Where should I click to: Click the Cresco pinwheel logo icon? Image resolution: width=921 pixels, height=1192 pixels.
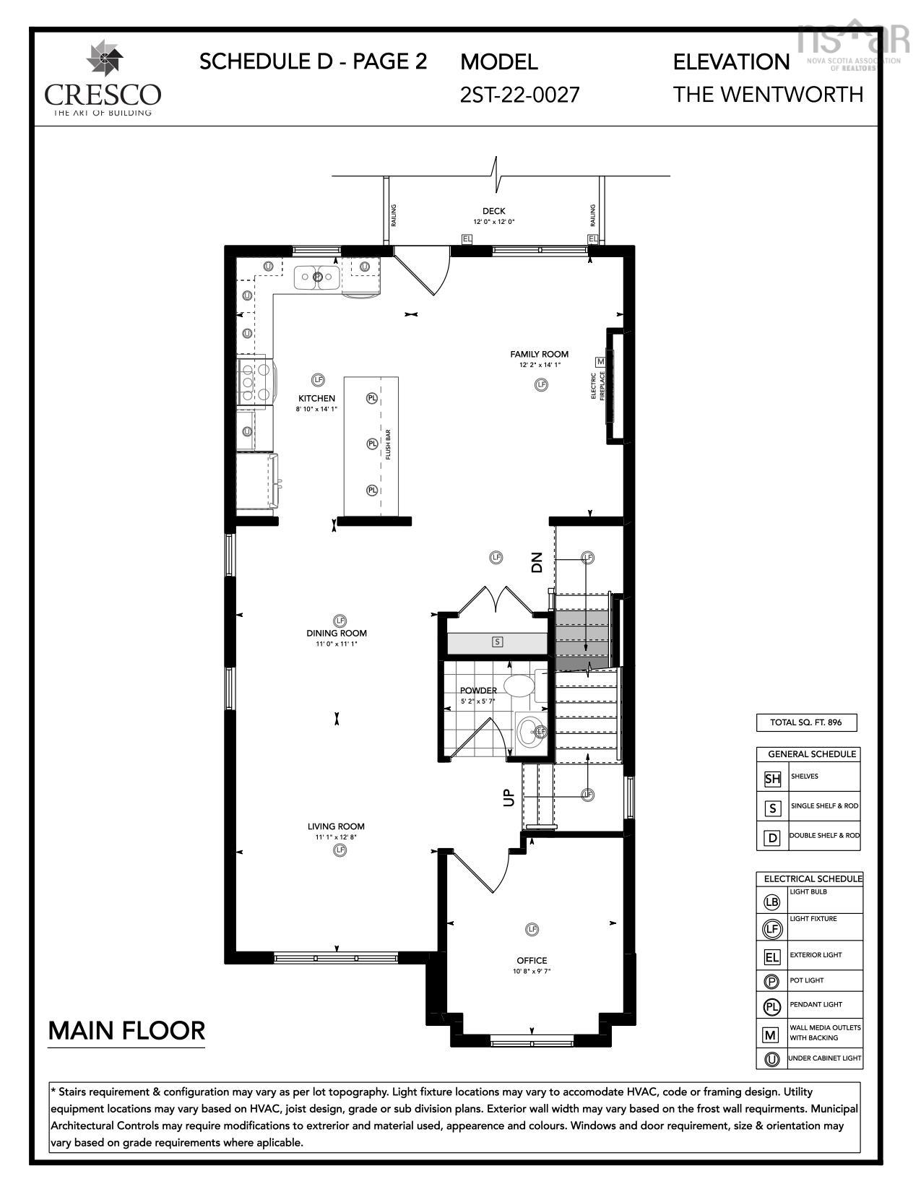click(104, 59)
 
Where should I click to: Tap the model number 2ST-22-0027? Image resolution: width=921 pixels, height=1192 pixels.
click(519, 95)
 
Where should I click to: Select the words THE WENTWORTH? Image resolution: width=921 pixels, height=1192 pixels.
click(768, 95)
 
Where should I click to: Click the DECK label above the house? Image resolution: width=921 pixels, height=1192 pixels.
click(494, 211)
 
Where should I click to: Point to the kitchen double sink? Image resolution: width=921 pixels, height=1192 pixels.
click(317, 277)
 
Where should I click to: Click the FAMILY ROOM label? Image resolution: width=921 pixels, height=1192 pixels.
click(539, 354)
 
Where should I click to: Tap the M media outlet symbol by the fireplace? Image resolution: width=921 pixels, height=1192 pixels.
click(600, 361)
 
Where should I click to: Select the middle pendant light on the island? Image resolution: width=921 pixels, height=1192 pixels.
click(372, 444)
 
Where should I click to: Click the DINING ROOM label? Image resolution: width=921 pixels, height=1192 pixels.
click(336, 634)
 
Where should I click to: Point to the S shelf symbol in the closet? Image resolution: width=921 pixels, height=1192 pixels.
click(497, 642)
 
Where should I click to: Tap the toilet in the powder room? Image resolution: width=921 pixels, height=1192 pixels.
click(517, 685)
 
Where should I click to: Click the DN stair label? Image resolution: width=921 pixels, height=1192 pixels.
click(536, 562)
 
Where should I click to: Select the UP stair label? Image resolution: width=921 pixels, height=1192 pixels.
click(509, 797)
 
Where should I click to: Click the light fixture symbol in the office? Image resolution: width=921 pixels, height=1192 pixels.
click(532, 929)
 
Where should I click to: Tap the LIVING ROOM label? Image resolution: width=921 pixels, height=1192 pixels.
click(336, 826)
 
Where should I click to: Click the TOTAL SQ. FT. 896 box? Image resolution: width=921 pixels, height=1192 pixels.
click(807, 722)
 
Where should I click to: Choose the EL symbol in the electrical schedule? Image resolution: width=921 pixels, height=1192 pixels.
click(771, 957)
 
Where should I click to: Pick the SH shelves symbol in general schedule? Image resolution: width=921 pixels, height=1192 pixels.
click(772, 779)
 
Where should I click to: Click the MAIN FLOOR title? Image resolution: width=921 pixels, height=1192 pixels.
click(126, 1030)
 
